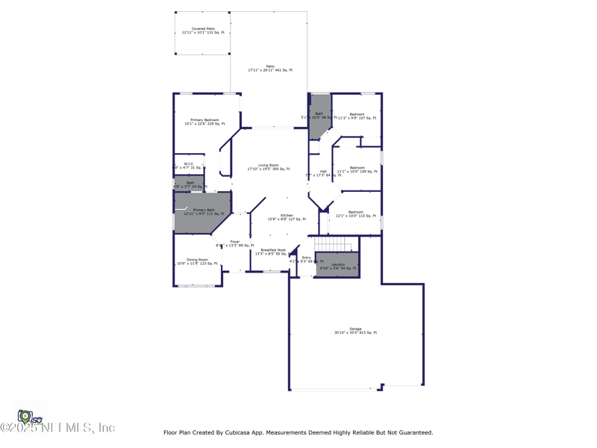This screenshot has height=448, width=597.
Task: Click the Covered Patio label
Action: (203, 31)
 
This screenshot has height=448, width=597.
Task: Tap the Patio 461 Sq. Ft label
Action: (270, 68)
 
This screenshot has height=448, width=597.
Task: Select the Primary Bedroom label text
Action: (204, 122)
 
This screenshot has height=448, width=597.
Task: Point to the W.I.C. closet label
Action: (189, 166)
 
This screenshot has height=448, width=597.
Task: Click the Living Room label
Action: (269, 167)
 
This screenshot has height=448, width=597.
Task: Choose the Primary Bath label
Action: (204, 212)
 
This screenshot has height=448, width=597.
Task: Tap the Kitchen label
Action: (287, 217)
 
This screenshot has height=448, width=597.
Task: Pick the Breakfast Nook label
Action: (272, 252)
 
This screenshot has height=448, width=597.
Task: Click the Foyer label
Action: (235, 243)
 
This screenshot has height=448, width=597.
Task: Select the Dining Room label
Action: (198, 261)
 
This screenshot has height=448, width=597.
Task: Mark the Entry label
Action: (306, 259)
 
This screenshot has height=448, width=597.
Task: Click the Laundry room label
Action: (337, 266)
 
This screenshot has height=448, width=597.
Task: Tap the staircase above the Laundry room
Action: (331, 244)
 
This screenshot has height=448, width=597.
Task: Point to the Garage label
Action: (355, 331)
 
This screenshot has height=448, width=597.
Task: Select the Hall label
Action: (323, 173)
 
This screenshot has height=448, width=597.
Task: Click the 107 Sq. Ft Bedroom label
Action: (357, 116)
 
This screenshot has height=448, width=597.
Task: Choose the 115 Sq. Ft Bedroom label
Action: (356, 214)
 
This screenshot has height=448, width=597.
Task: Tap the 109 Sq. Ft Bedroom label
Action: (357, 169)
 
